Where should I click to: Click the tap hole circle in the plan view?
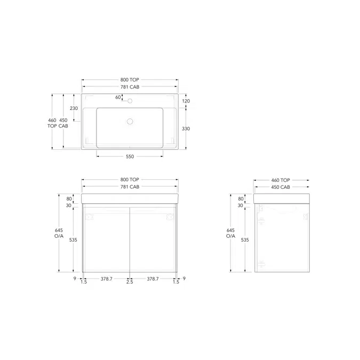pyautogui.click(x=130, y=101)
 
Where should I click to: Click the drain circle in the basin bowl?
pyautogui.click(x=130, y=122)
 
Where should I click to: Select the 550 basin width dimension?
pyautogui.click(x=130, y=157)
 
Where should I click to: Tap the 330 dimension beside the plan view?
pyautogui.click(x=186, y=129)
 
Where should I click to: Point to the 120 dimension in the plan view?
pyautogui.click(x=186, y=101)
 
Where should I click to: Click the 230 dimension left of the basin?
pyautogui.click(x=74, y=108)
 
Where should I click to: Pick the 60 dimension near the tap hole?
pyautogui.click(x=118, y=98)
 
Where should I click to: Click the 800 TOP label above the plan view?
pyautogui.click(x=130, y=79)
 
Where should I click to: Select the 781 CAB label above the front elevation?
pyautogui.click(x=130, y=187)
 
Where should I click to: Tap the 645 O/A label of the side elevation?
pyautogui.click(x=230, y=233)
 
